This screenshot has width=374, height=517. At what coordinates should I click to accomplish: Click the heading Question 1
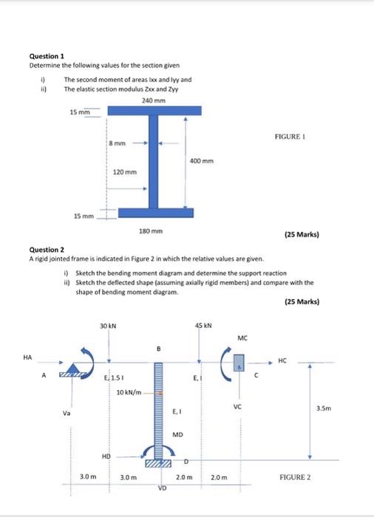point(47,55)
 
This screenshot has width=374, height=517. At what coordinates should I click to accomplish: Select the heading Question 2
point(47,249)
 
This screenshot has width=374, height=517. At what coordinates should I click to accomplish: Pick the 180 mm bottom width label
point(150,231)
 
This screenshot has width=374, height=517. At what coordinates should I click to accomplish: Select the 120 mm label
point(124,171)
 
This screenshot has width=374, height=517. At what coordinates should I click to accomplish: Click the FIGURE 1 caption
point(290,137)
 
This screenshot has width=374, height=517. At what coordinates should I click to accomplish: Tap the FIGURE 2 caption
point(295,477)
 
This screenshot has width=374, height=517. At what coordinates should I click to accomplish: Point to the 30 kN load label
point(108,326)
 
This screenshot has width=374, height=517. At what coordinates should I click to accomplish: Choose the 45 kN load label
point(203,326)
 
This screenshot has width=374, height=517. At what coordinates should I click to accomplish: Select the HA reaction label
point(27,357)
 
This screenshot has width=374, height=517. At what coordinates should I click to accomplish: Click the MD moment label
point(177,434)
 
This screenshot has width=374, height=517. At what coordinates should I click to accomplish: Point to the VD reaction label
point(162,488)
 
